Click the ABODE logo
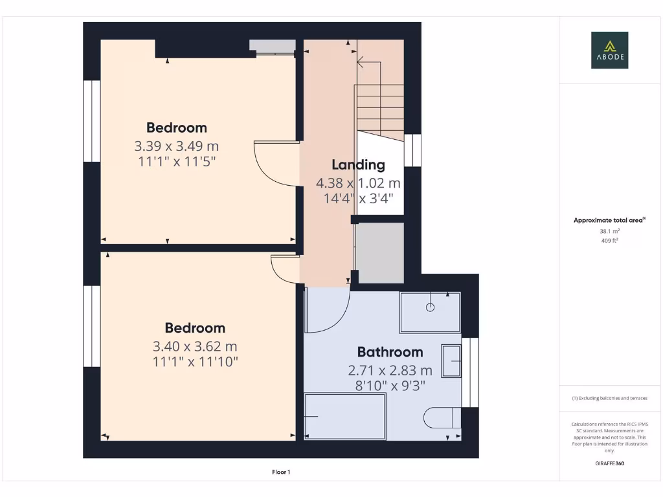click(x=609, y=50)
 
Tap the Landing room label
click(x=358, y=164)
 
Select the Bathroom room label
click(x=390, y=352)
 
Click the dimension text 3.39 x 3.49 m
click(x=177, y=146)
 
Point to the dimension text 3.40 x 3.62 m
click(x=195, y=346)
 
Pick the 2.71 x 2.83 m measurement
click(x=390, y=371)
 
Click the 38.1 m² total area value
click(x=609, y=231)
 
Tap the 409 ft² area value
click(x=609, y=241)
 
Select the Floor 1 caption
click(x=280, y=472)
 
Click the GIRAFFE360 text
click(x=609, y=463)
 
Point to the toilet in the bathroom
click(x=442, y=417)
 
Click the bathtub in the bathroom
click(x=344, y=417)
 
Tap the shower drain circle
click(x=431, y=307)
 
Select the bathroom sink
click(x=451, y=360)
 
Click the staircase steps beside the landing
click(x=379, y=97)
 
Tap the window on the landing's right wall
click(x=412, y=150)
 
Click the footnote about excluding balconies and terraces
click(x=609, y=399)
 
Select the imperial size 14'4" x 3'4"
click(x=358, y=198)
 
